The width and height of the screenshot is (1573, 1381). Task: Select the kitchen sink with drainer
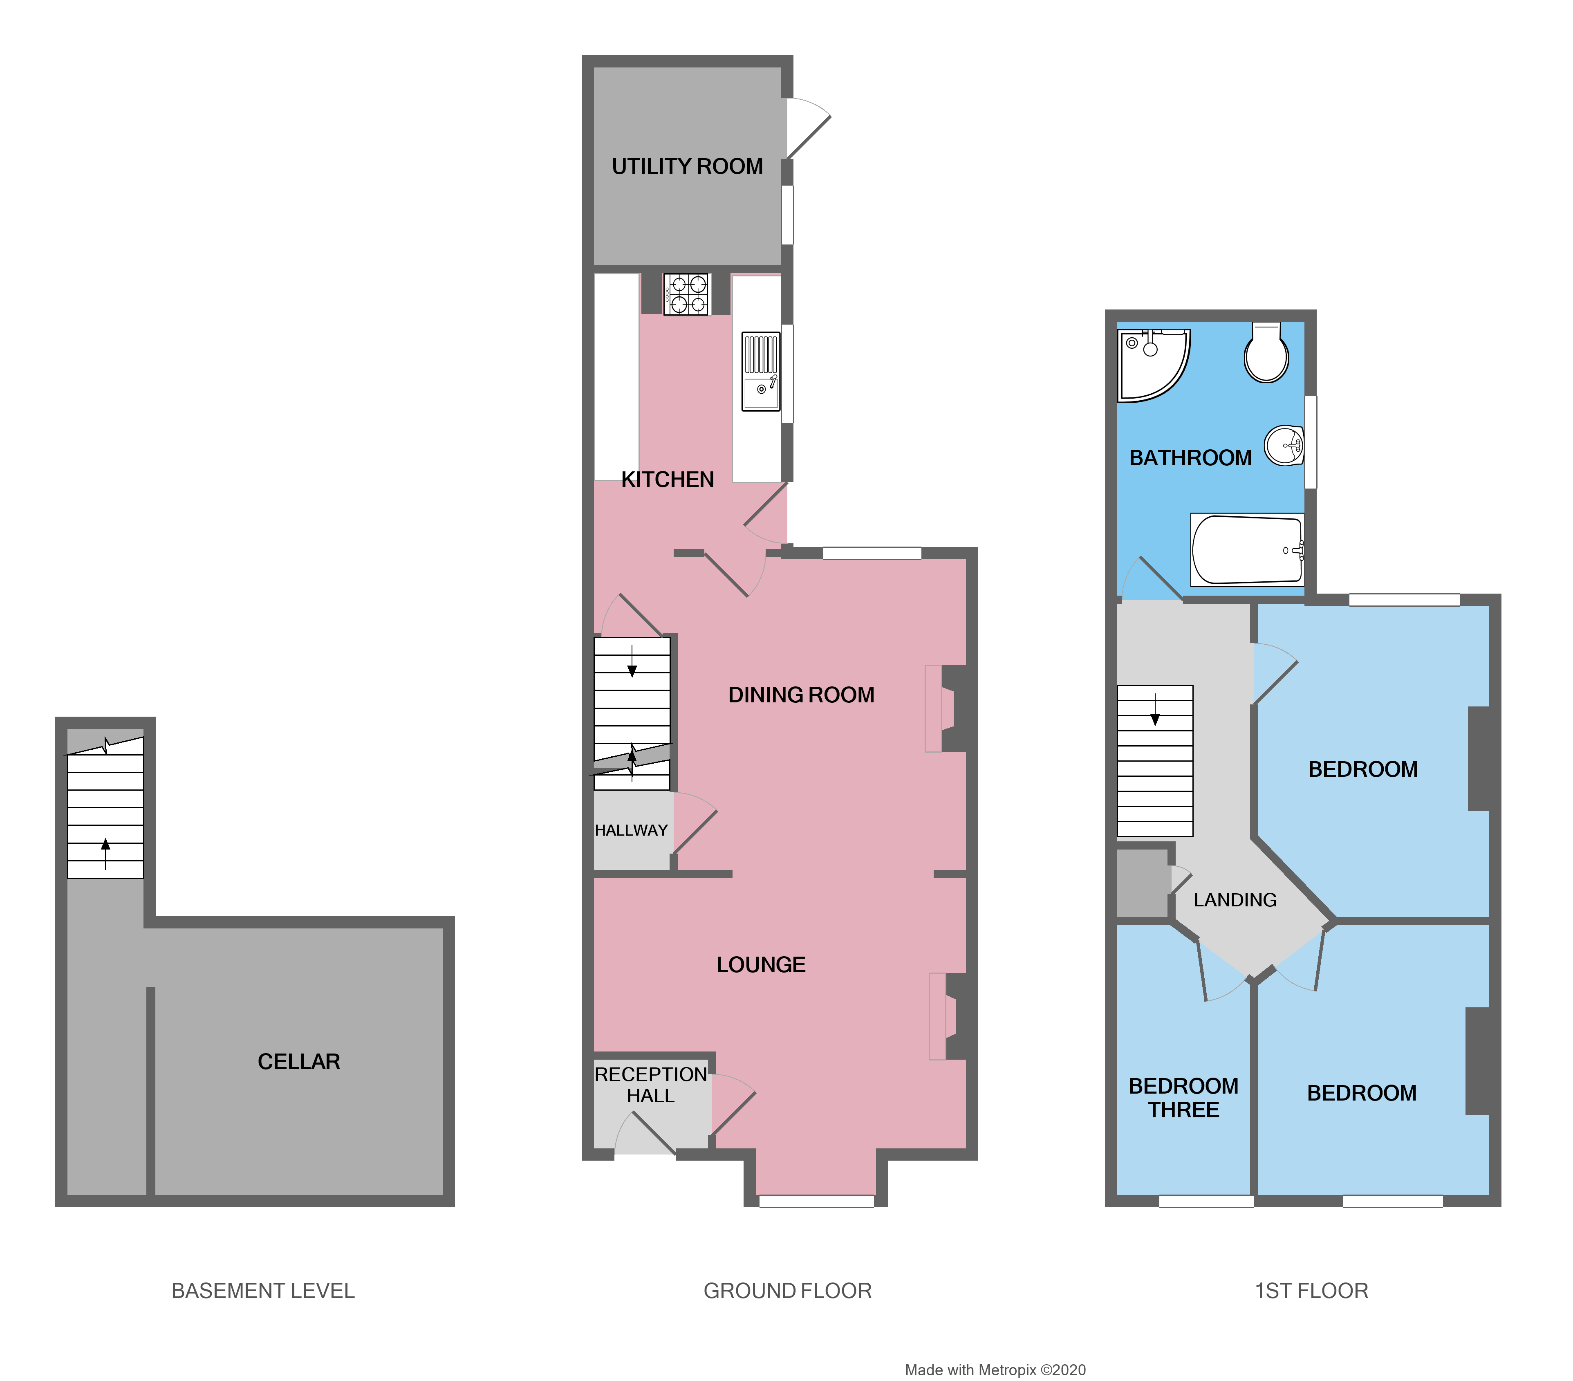760,371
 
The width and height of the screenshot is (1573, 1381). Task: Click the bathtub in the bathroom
1247,549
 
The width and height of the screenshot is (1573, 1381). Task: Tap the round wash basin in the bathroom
1284,446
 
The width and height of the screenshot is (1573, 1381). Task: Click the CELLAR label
298,1062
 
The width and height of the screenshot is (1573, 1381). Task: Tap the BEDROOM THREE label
1183,1098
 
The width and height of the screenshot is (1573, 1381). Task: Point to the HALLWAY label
631,830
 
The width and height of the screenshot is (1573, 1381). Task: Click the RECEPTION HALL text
650,1085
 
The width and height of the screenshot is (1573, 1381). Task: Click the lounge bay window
816,1201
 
